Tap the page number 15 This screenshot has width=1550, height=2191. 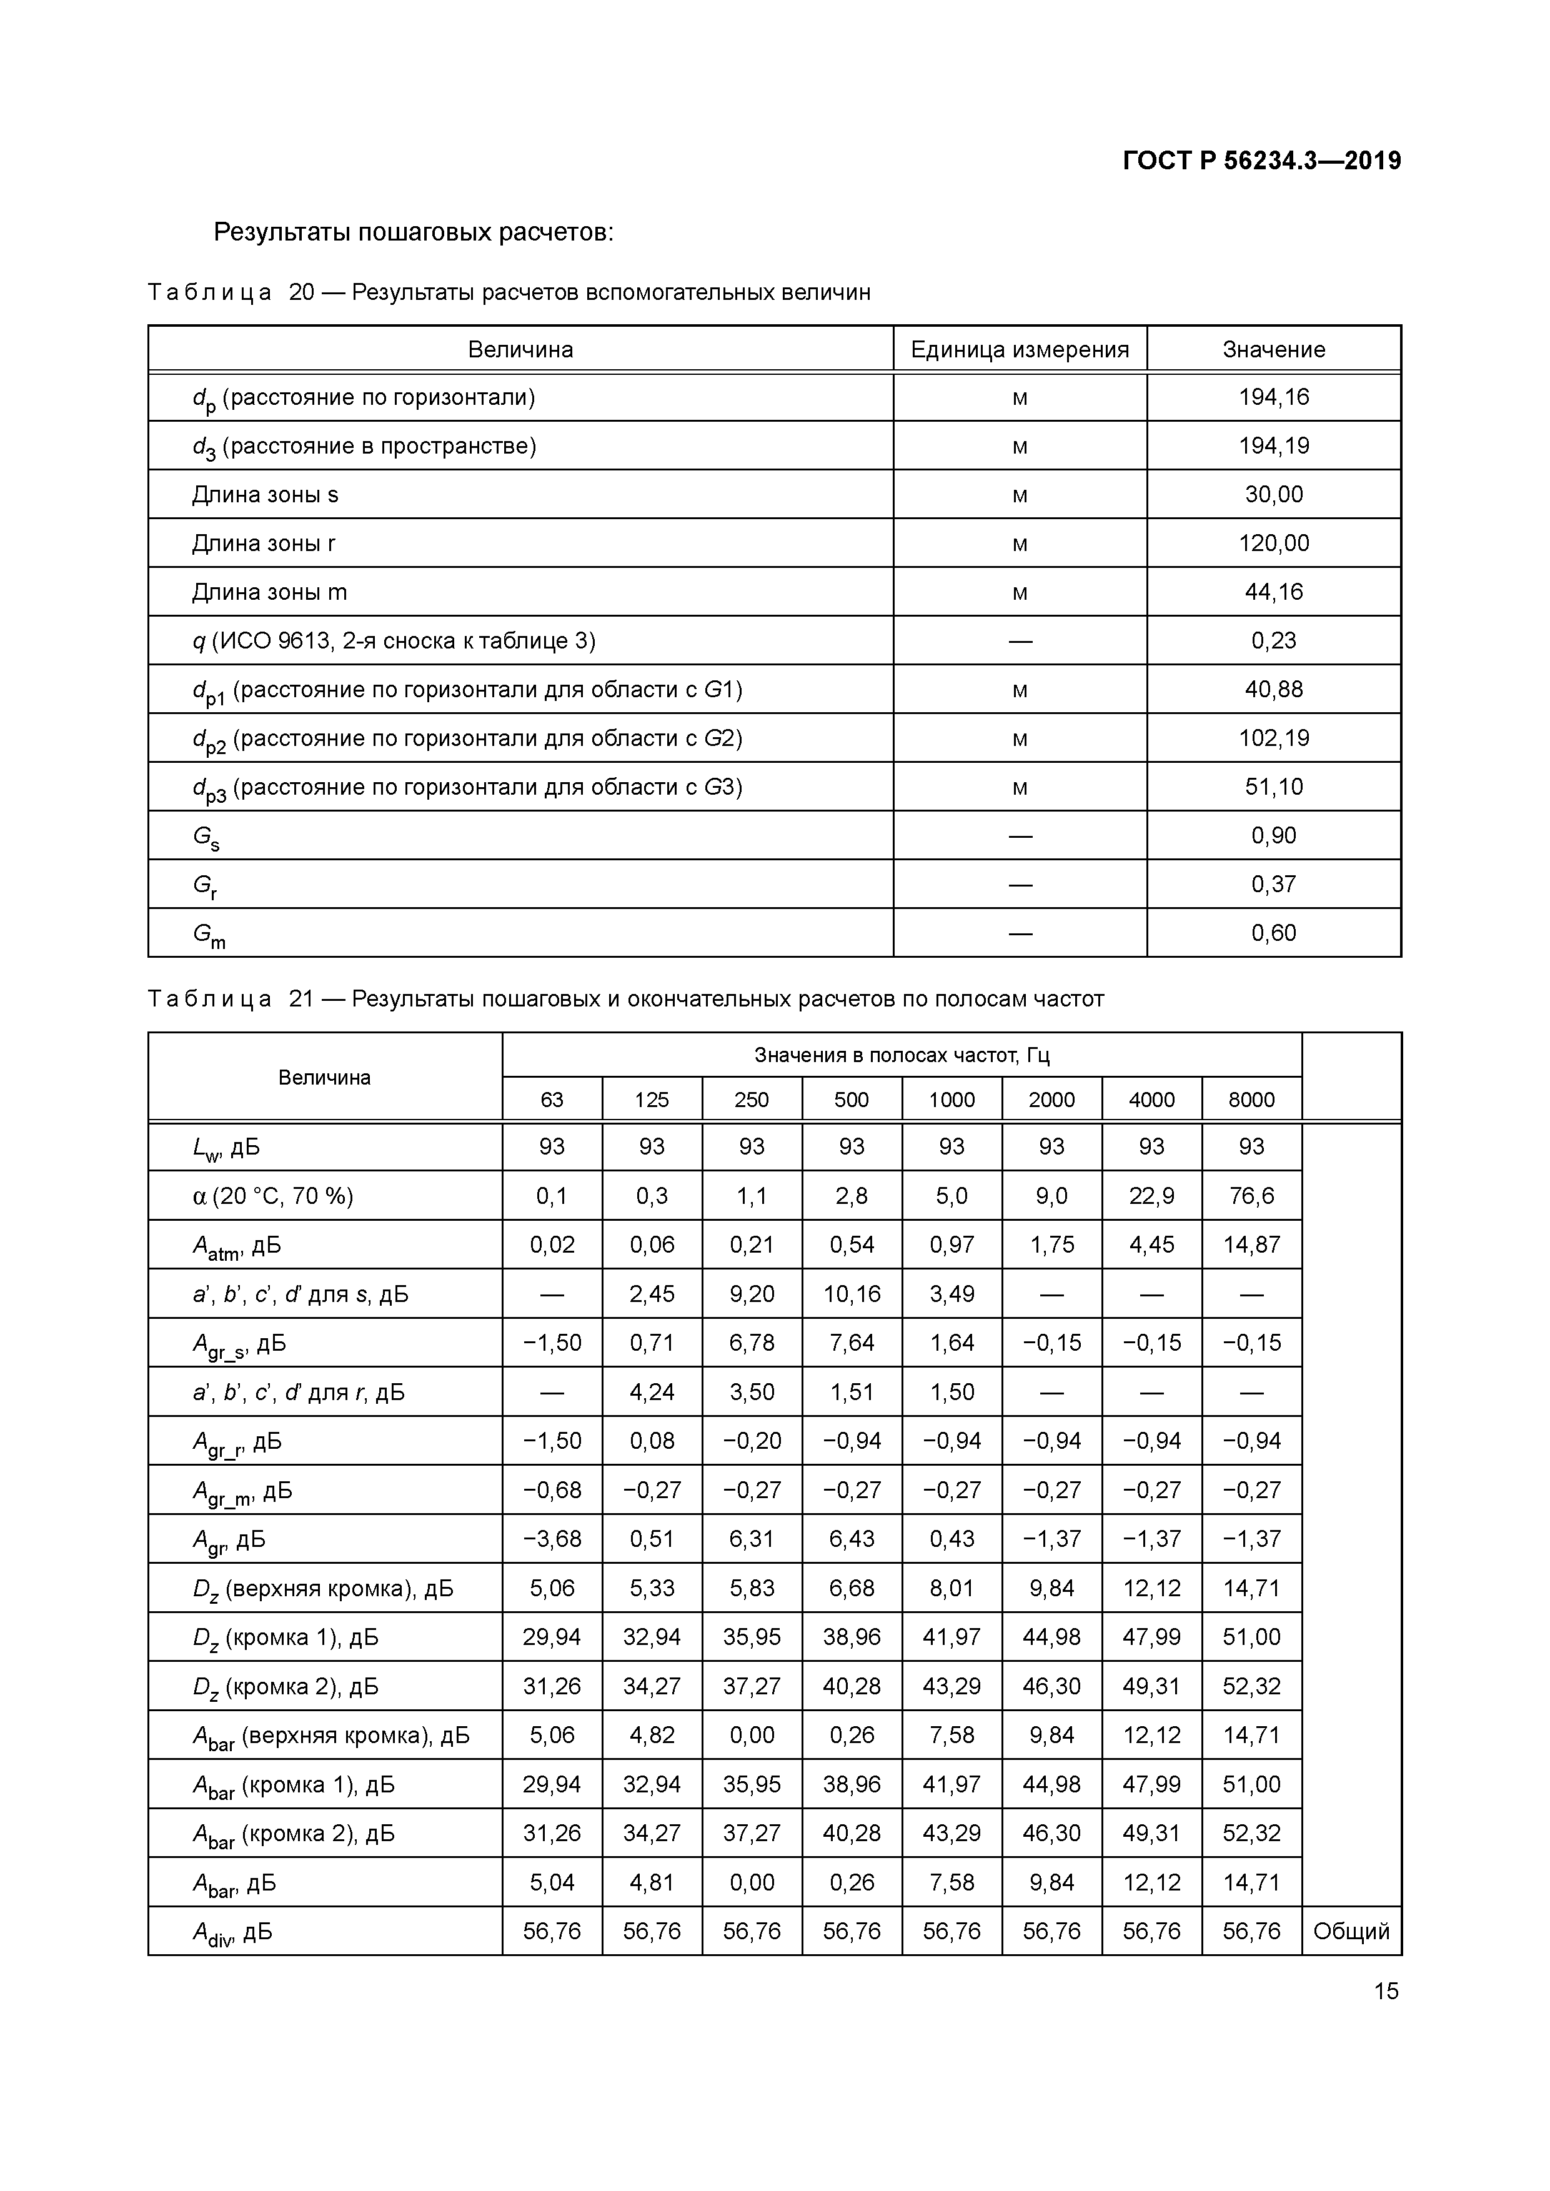coord(1386,1990)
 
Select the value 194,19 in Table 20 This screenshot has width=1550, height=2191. coord(1273,445)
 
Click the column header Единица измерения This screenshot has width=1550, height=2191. coord(1020,349)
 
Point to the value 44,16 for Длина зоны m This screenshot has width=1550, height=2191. coord(1273,592)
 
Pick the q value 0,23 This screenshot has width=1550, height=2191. coord(1273,640)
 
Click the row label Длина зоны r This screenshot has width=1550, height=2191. coord(264,543)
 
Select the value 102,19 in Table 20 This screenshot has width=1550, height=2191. coord(1273,738)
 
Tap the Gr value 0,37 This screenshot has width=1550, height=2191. coord(1273,883)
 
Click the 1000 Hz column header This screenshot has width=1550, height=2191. coord(951,1100)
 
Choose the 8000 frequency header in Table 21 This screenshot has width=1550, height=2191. coord(1251,1100)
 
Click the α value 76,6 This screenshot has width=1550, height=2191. coord(1251,1196)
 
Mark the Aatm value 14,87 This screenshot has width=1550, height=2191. coord(1251,1245)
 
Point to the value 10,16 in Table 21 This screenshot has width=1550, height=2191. coord(852,1294)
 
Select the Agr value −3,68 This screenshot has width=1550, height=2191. coord(552,1538)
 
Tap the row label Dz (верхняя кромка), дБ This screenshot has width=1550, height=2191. coord(322,1588)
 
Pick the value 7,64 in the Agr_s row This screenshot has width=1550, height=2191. coord(852,1343)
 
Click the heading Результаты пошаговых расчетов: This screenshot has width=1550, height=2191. coord(413,232)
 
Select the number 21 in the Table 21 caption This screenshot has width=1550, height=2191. coord(301,999)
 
